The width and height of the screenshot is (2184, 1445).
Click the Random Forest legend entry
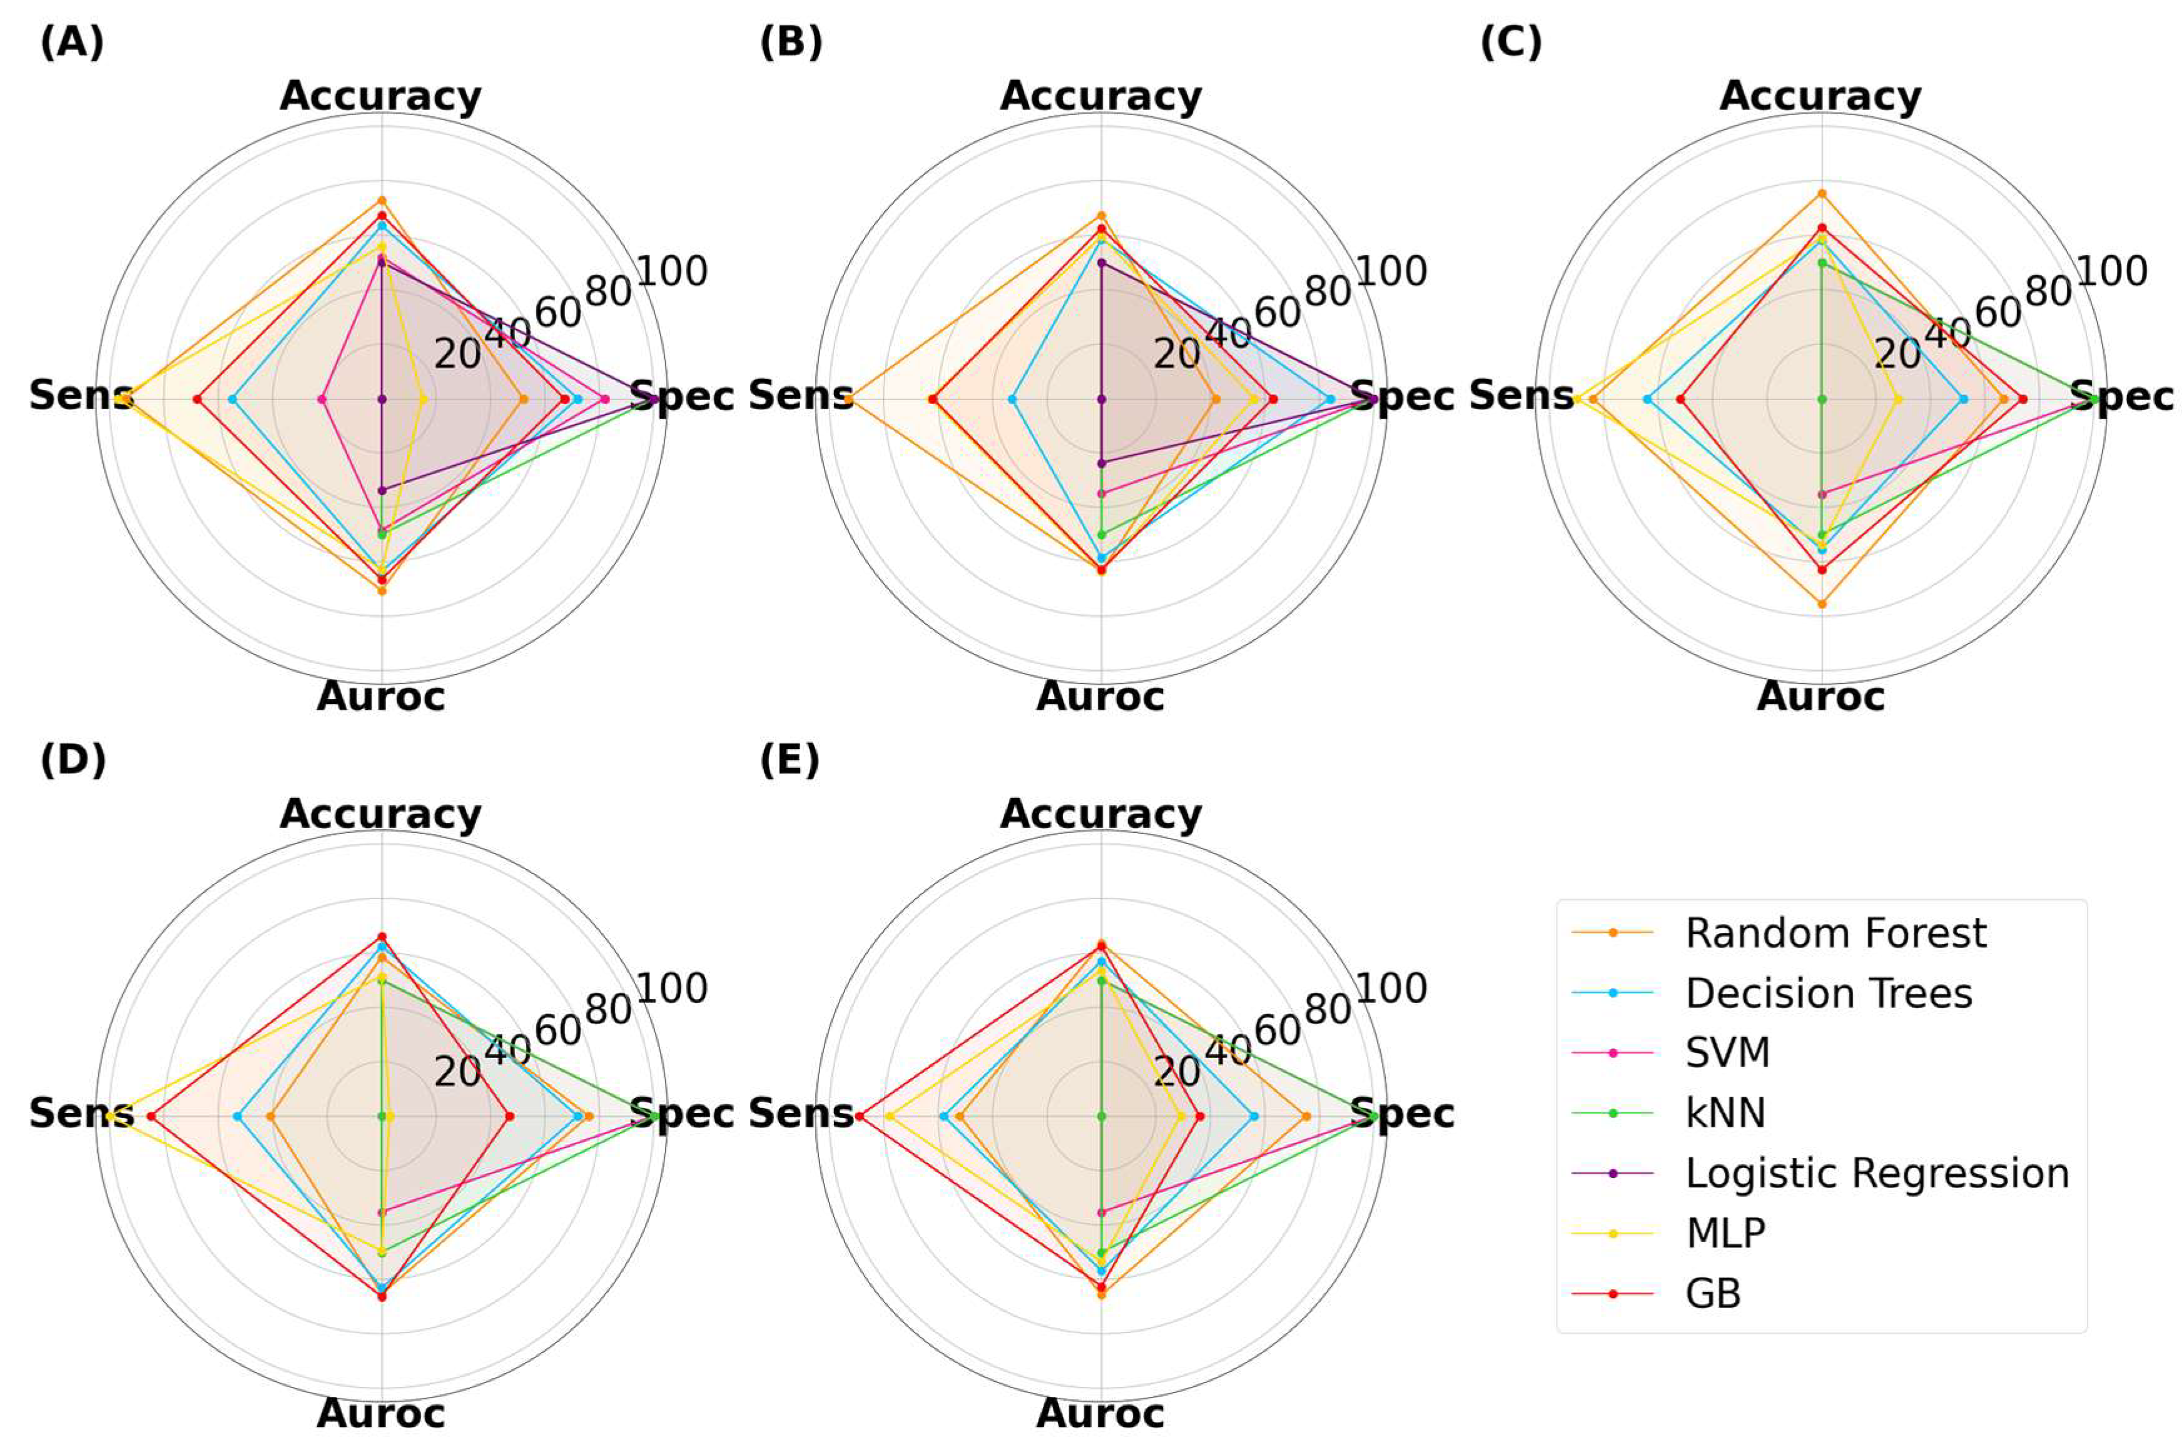pos(1834,934)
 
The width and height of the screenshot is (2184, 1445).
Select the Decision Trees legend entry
pos(1828,994)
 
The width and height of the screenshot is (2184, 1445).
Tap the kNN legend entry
pos(1725,1112)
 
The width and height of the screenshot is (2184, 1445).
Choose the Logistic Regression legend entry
pos(1877,1173)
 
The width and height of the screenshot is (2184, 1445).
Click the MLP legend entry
pos(1725,1233)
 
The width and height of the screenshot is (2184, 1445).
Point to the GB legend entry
pos(1713,1294)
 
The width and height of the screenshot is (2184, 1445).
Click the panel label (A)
pos(72,43)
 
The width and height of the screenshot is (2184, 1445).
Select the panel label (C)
pos(1511,43)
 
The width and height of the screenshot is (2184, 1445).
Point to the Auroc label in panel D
pos(381,1412)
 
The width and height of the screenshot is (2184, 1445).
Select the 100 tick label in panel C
pos(2112,272)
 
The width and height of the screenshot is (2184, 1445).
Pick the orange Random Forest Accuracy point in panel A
pos(382,201)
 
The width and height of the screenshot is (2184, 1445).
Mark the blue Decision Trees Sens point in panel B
pos(1012,399)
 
